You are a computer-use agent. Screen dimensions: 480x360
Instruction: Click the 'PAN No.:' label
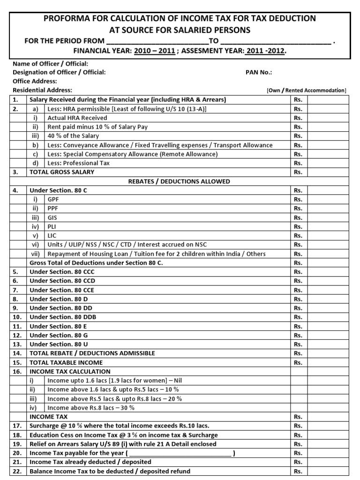point(259,72)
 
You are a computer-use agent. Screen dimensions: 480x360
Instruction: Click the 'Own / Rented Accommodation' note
point(306,90)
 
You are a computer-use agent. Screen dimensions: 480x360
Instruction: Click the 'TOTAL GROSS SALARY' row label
point(62,172)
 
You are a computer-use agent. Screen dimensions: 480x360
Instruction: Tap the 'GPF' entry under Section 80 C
point(53,199)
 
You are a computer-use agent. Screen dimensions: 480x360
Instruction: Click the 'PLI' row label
point(52,226)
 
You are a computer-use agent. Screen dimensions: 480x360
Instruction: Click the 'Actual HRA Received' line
point(77,118)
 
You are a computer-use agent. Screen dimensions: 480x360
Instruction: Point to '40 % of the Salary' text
point(74,136)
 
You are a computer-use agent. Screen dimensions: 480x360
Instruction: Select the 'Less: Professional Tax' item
point(78,163)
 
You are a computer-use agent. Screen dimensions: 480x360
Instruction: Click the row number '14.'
point(16,353)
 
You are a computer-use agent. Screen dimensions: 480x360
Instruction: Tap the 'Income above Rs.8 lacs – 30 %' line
point(91,407)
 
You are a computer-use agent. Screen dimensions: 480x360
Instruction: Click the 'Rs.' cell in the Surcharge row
point(298,426)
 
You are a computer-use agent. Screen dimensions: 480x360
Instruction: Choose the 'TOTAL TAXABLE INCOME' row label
point(66,362)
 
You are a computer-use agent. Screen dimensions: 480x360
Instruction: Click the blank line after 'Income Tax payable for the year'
point(180,453)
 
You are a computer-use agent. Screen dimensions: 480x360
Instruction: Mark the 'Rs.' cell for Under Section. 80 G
point(298,335)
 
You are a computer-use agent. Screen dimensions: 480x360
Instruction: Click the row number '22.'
point(16,471)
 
